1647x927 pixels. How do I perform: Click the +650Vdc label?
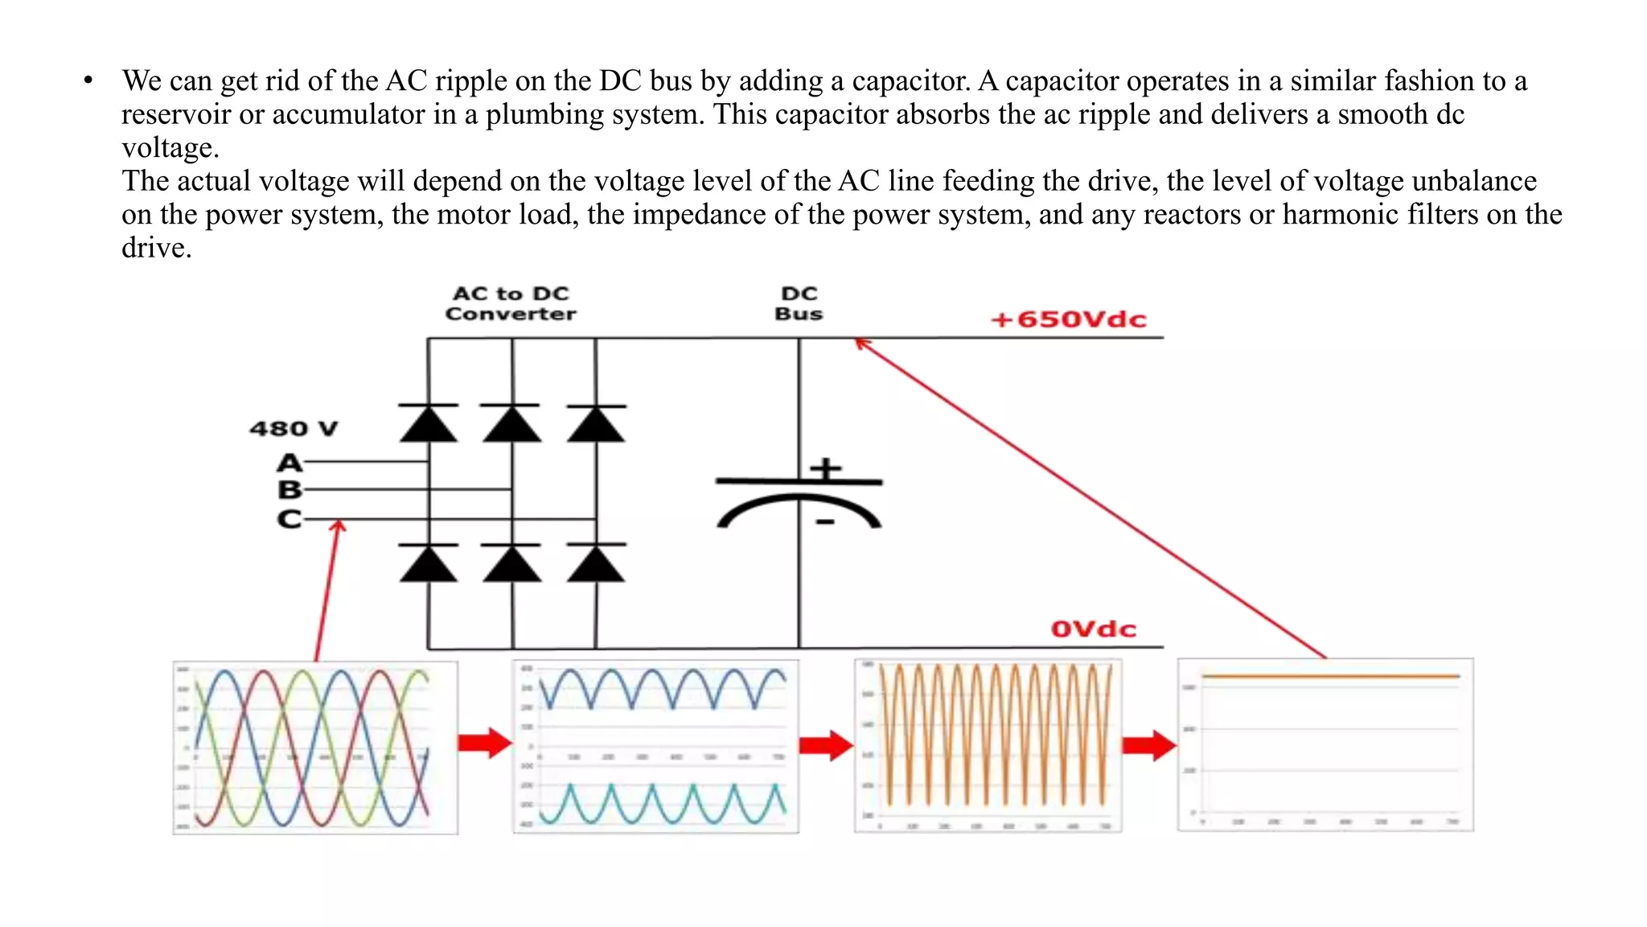tap(1068, 319)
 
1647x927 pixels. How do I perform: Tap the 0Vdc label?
tap(1093, 628)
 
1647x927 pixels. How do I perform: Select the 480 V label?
tap(294, 428)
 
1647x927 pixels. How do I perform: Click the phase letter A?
tap(290, 463)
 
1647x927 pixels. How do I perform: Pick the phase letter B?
tap(290, 489)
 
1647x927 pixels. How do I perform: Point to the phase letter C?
tap(290, 519)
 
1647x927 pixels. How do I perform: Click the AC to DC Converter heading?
tap(511, 303)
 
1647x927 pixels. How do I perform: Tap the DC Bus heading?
tap(799, 303)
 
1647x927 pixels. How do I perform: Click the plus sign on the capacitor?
tap(826, 468)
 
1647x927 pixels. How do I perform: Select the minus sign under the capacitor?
tap(825, 522)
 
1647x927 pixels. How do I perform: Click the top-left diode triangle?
tap(429, 424)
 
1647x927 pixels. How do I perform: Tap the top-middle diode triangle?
tap(511, 424)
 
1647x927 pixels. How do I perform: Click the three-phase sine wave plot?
tap(315, 748)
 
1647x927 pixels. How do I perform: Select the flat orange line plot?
tap(1325, 744)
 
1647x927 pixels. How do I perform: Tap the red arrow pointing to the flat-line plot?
tap(1149, 745)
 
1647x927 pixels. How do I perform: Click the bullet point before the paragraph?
tap(88, 80)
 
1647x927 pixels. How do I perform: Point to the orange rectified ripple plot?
tap(988, 745)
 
